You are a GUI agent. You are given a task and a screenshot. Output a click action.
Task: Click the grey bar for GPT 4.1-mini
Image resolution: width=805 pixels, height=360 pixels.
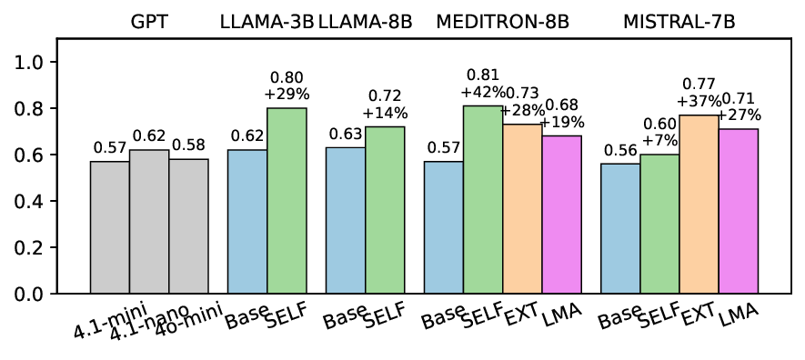click(109, 227)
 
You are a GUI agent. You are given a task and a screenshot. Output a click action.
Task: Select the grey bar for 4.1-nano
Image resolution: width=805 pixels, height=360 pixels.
click(149, 222)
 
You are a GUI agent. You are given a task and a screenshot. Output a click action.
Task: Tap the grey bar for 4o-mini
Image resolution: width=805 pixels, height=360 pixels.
click(188, 226)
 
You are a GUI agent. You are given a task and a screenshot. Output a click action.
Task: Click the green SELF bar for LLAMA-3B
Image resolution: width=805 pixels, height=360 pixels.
click(287, 201)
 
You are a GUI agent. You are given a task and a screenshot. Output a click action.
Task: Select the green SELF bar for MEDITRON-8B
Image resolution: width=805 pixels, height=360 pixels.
click(483, 200)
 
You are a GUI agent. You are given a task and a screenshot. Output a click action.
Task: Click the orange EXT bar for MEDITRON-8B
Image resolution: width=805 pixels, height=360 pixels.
click(522, 209)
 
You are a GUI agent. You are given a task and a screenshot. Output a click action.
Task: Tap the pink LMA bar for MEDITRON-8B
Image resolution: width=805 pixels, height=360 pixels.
click(561, 215)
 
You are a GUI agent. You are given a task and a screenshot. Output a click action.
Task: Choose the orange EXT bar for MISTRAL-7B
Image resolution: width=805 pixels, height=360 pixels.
click(699, 205)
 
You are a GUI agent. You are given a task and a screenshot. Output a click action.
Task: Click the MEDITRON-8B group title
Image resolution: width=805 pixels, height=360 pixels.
click(502, 21)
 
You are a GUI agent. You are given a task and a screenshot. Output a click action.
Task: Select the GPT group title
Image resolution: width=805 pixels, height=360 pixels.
click(149, 21)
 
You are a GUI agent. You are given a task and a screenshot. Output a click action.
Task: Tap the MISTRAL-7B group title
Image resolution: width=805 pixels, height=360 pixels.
click(679, 21)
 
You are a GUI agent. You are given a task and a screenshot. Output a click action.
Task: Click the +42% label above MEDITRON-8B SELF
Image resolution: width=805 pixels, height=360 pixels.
click(482, 91)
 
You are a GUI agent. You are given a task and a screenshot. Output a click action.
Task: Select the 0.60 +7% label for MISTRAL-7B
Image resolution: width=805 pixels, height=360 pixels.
click(659, 133)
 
